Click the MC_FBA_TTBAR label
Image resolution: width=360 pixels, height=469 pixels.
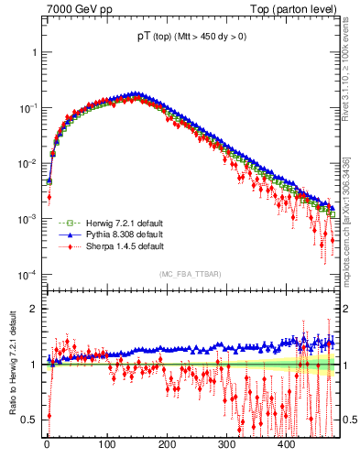[x=189, y=275]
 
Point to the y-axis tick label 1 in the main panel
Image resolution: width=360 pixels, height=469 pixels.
[x=35, y=52]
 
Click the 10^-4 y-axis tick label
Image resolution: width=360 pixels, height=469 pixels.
[x=27, y=275]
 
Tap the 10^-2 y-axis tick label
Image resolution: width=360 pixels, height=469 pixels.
[x=27, y=163]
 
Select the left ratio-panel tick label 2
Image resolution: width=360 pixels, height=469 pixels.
[x=35, y=309]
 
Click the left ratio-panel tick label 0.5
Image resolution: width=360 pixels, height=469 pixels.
[x=30, y=420]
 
